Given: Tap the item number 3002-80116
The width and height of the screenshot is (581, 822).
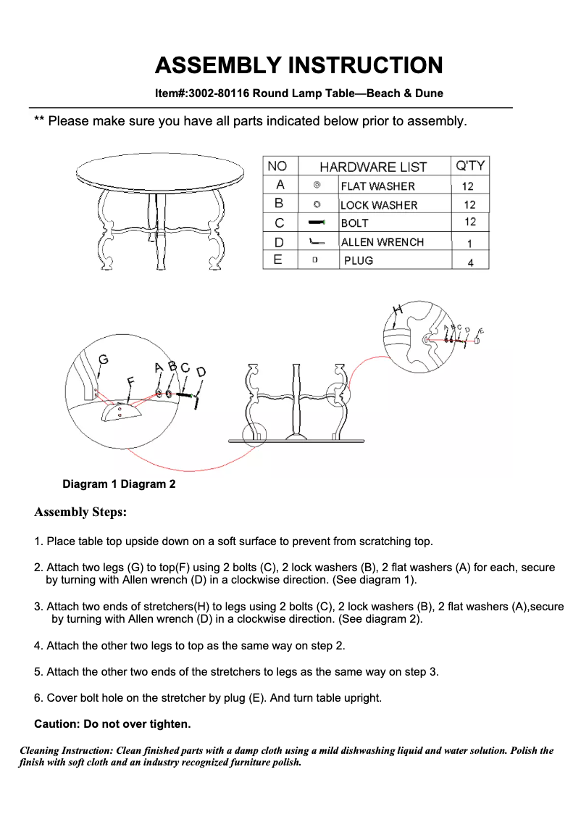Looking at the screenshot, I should coord(219,94).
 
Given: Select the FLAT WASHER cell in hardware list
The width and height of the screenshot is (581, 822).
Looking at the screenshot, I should coord(377,186).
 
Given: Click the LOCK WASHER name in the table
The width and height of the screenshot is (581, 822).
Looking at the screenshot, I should coord(379,205).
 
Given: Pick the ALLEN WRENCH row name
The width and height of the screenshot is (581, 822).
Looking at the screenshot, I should coord(382,242).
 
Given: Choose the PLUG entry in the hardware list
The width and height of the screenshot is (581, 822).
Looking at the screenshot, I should coord(358,260).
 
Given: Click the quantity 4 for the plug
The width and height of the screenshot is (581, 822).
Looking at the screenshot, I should coord(470,262).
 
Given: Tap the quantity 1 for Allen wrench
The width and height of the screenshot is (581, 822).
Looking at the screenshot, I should coord(470,244).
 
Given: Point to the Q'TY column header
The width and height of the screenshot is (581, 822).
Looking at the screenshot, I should coord(469,166).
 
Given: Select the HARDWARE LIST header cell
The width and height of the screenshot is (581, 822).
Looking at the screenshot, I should coord(373,167).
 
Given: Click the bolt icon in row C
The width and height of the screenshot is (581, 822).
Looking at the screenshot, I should coord(317,223).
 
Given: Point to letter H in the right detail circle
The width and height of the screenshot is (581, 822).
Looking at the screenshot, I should coord(397,310).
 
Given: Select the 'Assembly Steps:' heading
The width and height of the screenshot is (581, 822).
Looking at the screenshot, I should coord(80,512).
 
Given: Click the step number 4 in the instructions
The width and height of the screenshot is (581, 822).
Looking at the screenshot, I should coord(38,645).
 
